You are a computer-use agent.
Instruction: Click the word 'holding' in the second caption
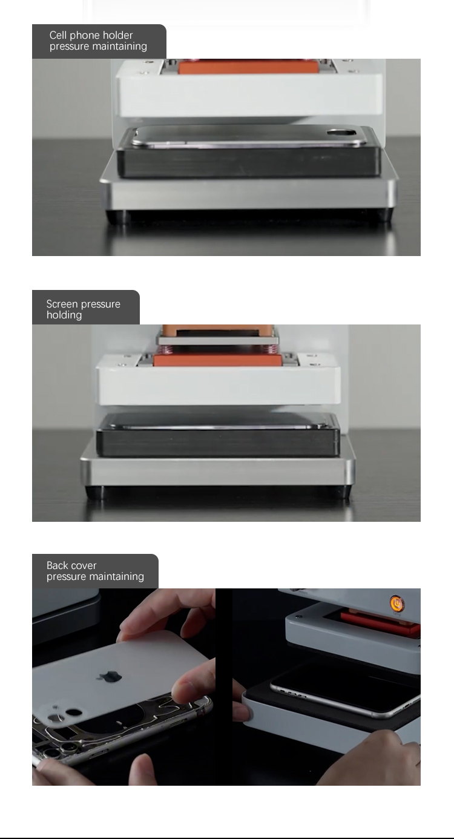(64, 315)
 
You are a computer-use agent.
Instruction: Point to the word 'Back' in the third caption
(58, 565)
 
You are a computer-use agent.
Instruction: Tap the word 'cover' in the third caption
(84, 565)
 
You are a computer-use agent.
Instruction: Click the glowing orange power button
(396, 604)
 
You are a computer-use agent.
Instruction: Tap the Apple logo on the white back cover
(111, 676)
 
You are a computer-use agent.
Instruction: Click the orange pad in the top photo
(248, 67)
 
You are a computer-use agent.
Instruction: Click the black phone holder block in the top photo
(249, 161)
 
